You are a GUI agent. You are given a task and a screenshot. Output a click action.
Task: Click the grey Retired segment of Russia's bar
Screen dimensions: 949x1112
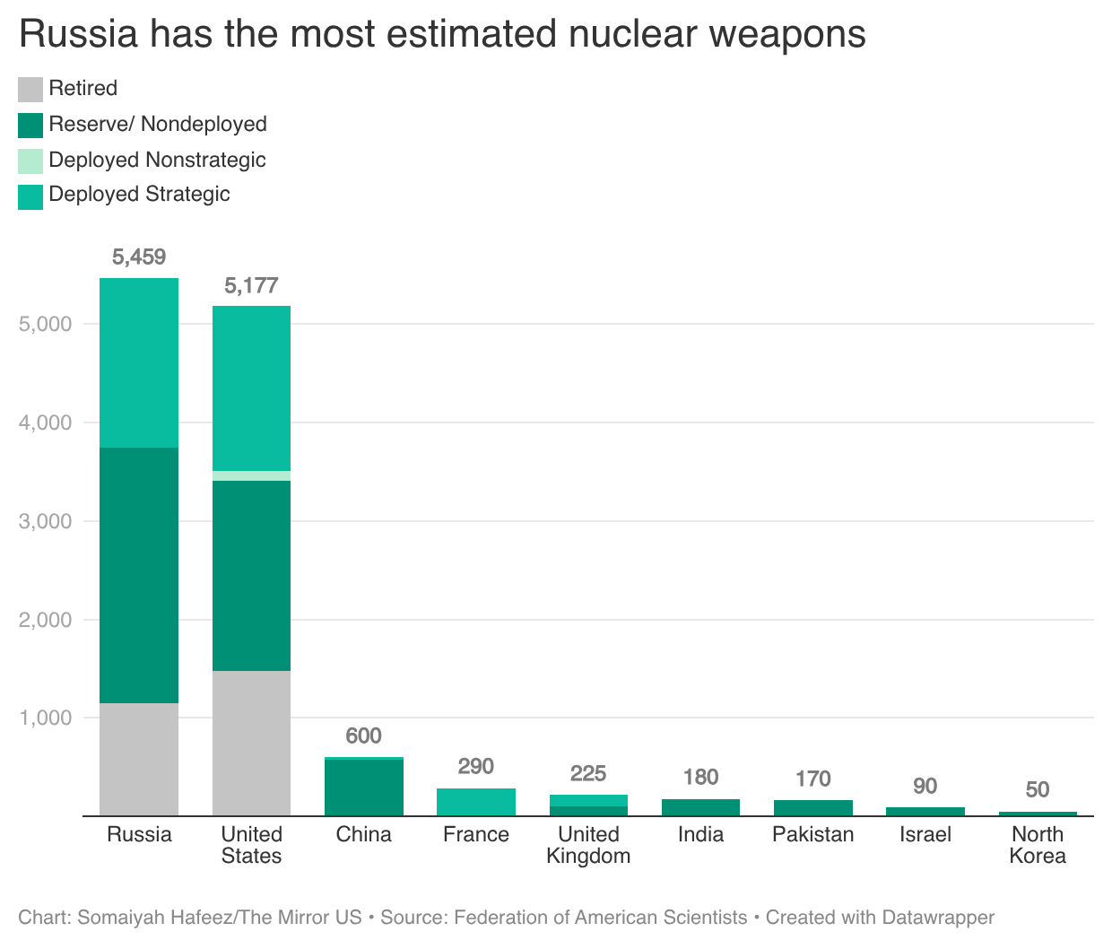point(139,759)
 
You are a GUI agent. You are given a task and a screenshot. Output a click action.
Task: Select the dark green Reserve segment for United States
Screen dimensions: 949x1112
point(251,575)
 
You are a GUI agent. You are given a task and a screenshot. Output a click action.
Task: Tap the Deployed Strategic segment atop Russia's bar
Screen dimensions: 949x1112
point(139,362)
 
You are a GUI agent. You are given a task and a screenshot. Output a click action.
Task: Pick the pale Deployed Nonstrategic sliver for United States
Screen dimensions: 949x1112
point(251,475)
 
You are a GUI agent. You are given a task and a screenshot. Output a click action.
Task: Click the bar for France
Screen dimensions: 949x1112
point(475,802)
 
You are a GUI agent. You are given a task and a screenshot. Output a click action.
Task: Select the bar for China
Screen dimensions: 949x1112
point(363,788)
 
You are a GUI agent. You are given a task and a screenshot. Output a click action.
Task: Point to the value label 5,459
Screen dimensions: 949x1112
point(139,257)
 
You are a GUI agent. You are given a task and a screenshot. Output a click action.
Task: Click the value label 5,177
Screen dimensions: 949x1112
point(251,286)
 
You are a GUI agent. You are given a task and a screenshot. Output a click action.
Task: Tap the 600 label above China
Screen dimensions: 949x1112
point(363,736)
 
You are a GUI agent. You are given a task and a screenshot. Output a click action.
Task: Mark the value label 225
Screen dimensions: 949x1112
point(588,773)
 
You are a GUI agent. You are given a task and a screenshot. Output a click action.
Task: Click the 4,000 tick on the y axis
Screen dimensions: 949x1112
point(45,422)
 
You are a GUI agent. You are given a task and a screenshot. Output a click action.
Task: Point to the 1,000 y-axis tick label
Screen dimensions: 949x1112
point(45,718)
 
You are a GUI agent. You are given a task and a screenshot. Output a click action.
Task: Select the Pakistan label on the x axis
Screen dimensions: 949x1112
point(812,835)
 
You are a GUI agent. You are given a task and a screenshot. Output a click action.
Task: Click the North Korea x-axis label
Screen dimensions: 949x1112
point(1038,845)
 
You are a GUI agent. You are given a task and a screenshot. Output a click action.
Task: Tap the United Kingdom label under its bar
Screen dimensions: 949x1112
point(588,845)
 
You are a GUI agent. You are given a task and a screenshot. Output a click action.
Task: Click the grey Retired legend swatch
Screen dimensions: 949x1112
point(30,90)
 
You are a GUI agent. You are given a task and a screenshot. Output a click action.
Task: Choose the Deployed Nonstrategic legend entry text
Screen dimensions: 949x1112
point(157,160)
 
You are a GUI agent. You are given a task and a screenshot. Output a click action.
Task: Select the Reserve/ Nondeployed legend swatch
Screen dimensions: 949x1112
point(30,125)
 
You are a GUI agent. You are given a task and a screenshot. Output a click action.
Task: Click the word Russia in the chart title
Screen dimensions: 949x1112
point(79,34)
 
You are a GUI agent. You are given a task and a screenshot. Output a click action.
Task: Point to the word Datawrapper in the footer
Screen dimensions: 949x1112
point(938,918)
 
